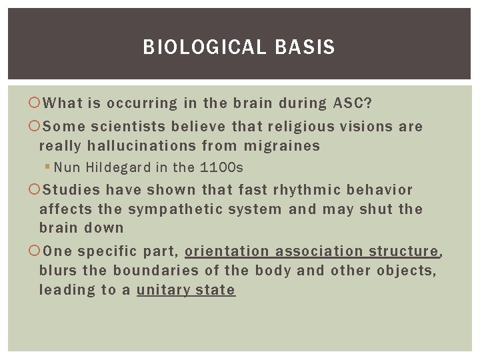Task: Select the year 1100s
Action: point(221,167)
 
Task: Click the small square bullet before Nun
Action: point(47,167)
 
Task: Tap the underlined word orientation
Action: point(227,251)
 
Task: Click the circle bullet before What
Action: point(35,103)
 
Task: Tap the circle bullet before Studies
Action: point(35,190)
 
